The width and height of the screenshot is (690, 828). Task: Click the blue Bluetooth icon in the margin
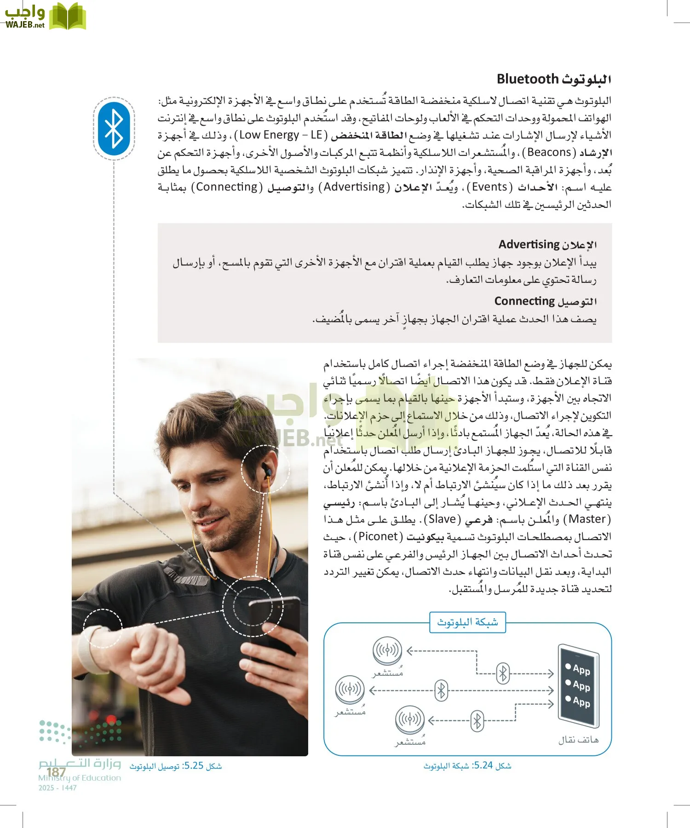tap(114, 128)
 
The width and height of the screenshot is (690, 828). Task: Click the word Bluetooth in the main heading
tap(527, 79)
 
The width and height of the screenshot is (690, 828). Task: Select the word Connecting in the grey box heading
tap(524, 301)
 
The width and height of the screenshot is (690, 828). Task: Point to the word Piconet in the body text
tap(378, 536)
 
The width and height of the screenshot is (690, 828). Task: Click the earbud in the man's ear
tap(266, 471)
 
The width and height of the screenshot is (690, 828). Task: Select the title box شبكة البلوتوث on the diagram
tap(467, 622)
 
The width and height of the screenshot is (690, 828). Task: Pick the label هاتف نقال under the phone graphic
tap(578, 740)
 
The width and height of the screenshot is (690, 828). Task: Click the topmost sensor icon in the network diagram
tap(387, 650)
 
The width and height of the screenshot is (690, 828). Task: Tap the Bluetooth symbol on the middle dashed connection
tap(441, 690)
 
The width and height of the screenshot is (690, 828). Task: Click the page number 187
tap(56, 772)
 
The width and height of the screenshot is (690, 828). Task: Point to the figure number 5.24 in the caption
tap(483, 765)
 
